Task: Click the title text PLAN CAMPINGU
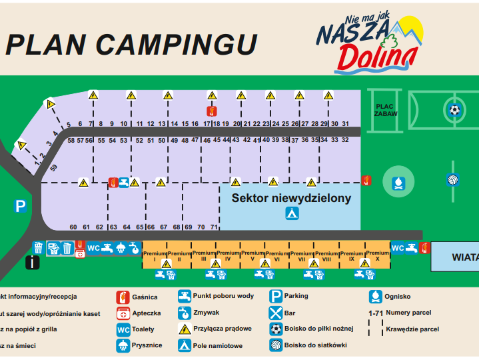[131, 44]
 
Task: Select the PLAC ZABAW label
[386, 110]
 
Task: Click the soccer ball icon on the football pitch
[454, 110]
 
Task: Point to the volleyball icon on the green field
[453, 179]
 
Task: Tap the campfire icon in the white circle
[398, 181]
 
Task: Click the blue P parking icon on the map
[21, 207]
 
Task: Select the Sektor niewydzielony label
[291, 198]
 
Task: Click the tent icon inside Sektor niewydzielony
[292, 213]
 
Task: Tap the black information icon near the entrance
[32, 263]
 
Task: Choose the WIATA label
[464, 257]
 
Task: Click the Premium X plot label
[378, 255]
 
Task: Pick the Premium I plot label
[154, 256]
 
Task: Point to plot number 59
[54, 167]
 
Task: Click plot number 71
[214, 227]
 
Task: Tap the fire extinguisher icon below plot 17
[212, 111]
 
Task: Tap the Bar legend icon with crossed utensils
[276, 313]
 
